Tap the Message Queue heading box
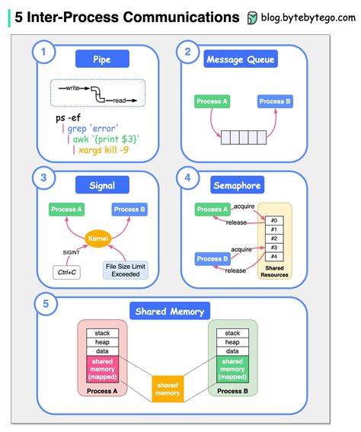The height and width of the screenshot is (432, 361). tap(240, 58)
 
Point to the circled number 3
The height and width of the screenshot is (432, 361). tap(43, 178)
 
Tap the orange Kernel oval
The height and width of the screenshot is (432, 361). tap(98, 238)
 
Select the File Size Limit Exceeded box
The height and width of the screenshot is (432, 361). tap(126, 269)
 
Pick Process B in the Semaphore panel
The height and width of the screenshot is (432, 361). tap(212, 259)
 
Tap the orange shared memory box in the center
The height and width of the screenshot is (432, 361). tap(168, 389)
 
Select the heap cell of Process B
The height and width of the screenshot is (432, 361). tap(232, 342)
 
